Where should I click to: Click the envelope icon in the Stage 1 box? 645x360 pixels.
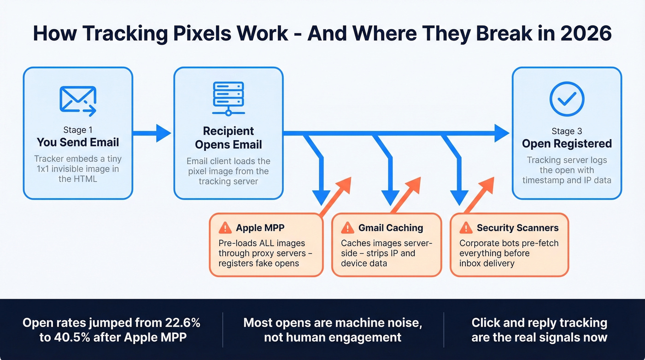tap(78, 100)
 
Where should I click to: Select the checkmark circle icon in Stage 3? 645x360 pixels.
tap(567, 99)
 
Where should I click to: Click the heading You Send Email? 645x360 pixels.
tap(78, 142)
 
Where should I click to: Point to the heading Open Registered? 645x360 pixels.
tap(567, 143)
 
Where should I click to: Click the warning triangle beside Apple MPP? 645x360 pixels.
tap(225, 227)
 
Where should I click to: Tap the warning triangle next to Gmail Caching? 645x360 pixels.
tap(347, 227)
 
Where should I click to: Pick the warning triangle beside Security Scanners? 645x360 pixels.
tap(466, 227)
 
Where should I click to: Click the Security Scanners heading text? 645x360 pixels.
tap(517, 228)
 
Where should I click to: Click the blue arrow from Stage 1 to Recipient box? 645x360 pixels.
tap(152, 133)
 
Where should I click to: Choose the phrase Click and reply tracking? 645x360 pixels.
tap(539, 322)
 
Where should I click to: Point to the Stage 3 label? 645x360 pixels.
tap(567, 131)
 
